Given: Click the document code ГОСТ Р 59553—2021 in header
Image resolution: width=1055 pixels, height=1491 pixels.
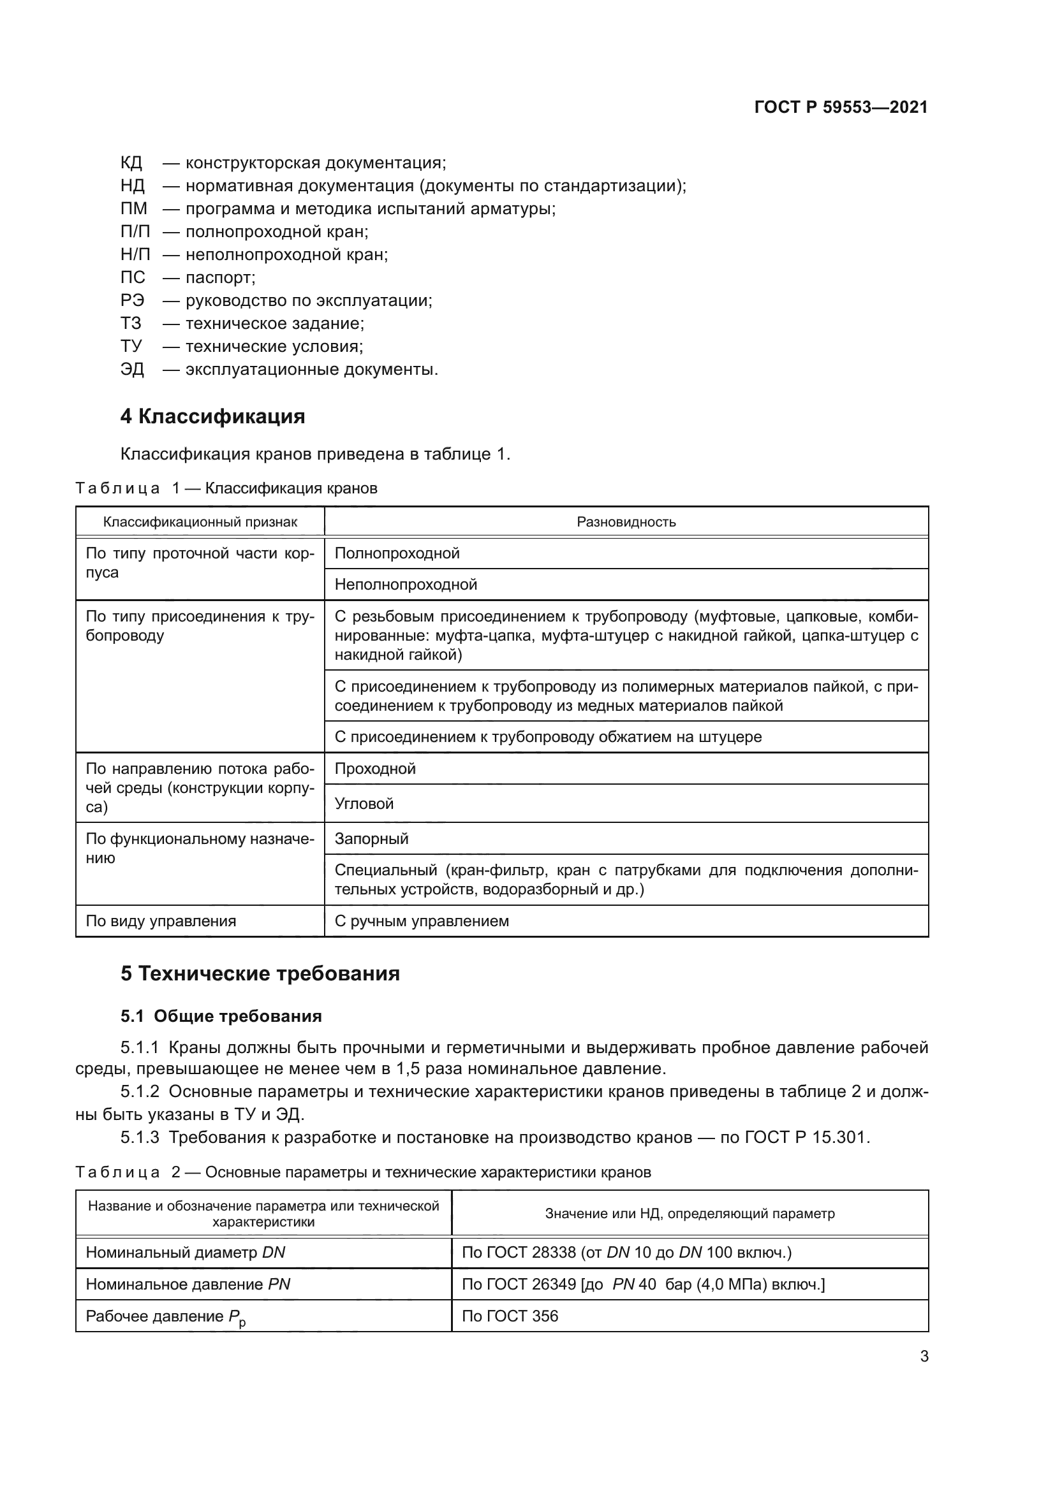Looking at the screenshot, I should (x=841, y=107).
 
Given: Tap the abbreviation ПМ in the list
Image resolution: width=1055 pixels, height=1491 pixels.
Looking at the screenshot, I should (x=134, y=209).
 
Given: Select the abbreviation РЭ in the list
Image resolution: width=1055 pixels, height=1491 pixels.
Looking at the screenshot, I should (x=133, y=301).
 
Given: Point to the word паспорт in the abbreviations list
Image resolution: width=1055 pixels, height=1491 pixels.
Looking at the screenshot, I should (x=220, y=278).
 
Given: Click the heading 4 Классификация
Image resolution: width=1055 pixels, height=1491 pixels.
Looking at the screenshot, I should (x=212, y=416).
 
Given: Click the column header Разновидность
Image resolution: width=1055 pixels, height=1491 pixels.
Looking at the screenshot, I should (x=626, y=522).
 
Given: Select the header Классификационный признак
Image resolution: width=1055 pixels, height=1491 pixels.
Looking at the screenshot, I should (x=200, y=522).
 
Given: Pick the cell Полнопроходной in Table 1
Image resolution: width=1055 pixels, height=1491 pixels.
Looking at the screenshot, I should (x=397, y=553).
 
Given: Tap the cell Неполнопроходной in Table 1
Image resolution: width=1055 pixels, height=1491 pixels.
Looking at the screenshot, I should (x=406, y=585).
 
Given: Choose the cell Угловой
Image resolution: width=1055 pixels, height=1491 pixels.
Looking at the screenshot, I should (x=364, y=804).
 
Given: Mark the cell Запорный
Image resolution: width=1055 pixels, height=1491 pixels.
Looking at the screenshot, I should (x=372, y=839).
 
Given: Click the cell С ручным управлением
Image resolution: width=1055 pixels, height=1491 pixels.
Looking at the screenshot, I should (x=422, y=922).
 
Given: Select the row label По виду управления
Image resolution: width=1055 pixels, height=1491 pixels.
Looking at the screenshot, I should (x=161, y=922).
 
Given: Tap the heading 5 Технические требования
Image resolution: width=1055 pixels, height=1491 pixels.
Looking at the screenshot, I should (x=260, y=974).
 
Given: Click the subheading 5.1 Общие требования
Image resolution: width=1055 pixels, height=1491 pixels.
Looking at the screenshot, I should (x=221, y=1016).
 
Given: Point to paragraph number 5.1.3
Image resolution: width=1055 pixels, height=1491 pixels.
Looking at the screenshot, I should (x=140, y=1138).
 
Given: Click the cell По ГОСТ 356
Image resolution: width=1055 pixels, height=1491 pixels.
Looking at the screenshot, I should (x=510, y=1316).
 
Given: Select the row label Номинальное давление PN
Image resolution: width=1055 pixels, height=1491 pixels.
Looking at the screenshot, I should (x=188, y=1284).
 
